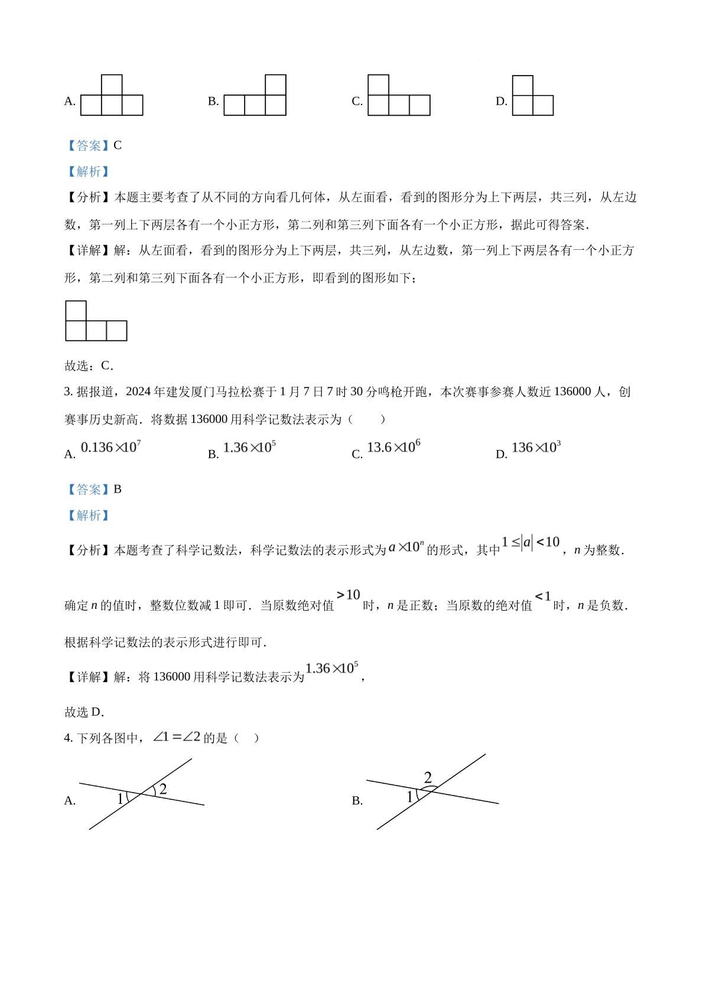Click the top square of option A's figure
112,84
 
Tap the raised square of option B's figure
275,84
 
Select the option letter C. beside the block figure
357,102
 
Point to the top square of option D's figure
522,85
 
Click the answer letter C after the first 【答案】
118,145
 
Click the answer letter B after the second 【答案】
118,489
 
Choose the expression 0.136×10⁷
110,447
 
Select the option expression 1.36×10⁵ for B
249,448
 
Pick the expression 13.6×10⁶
393,447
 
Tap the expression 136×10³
535,447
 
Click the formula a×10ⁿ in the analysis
406,547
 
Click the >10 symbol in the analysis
349,595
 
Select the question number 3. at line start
68,392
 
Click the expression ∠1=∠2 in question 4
177,737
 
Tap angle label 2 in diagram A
163,789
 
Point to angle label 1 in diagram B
410,797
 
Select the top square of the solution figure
76,311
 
